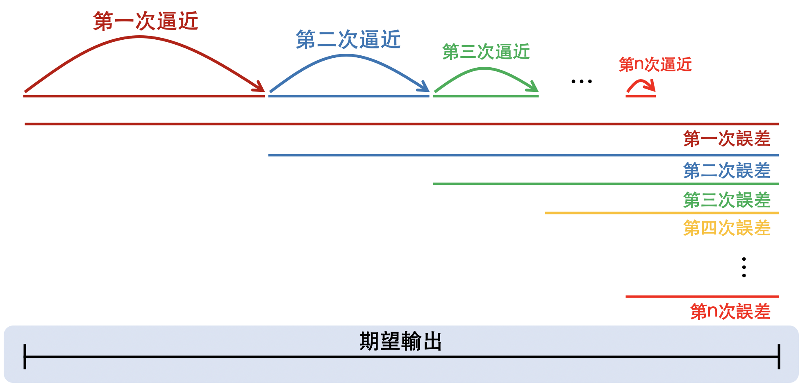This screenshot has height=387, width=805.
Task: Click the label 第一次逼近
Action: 146,21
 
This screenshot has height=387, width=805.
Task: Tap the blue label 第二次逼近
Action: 348,40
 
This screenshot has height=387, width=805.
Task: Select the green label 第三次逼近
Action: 486,52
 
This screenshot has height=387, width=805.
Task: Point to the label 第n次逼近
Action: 655,64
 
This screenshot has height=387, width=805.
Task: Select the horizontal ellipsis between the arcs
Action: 582,82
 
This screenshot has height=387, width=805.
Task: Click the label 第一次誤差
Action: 727,139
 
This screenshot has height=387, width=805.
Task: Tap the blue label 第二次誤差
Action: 727,171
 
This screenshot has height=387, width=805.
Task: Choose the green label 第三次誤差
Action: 727,200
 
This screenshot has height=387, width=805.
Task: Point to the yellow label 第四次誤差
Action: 727,228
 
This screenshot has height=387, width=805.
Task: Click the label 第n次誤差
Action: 730,312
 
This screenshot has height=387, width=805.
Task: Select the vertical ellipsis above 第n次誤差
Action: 744,267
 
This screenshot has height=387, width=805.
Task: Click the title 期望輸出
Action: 400,341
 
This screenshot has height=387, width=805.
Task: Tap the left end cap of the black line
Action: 25,357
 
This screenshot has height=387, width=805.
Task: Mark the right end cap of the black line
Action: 779,357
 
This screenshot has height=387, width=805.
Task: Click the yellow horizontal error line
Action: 662,213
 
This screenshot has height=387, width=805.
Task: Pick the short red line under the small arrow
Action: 641,96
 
